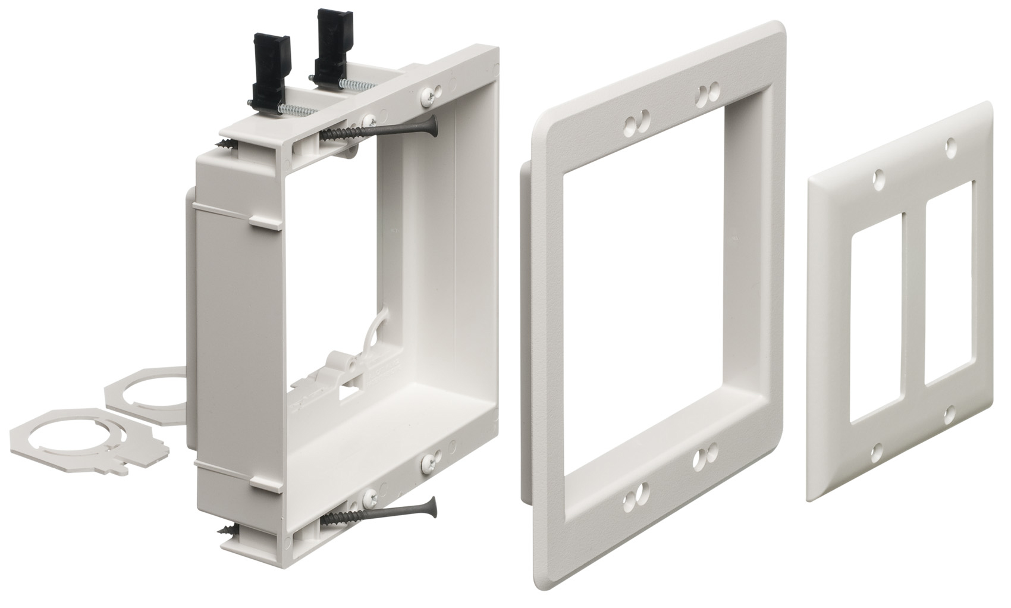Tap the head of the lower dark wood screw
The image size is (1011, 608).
tap(435, 506)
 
